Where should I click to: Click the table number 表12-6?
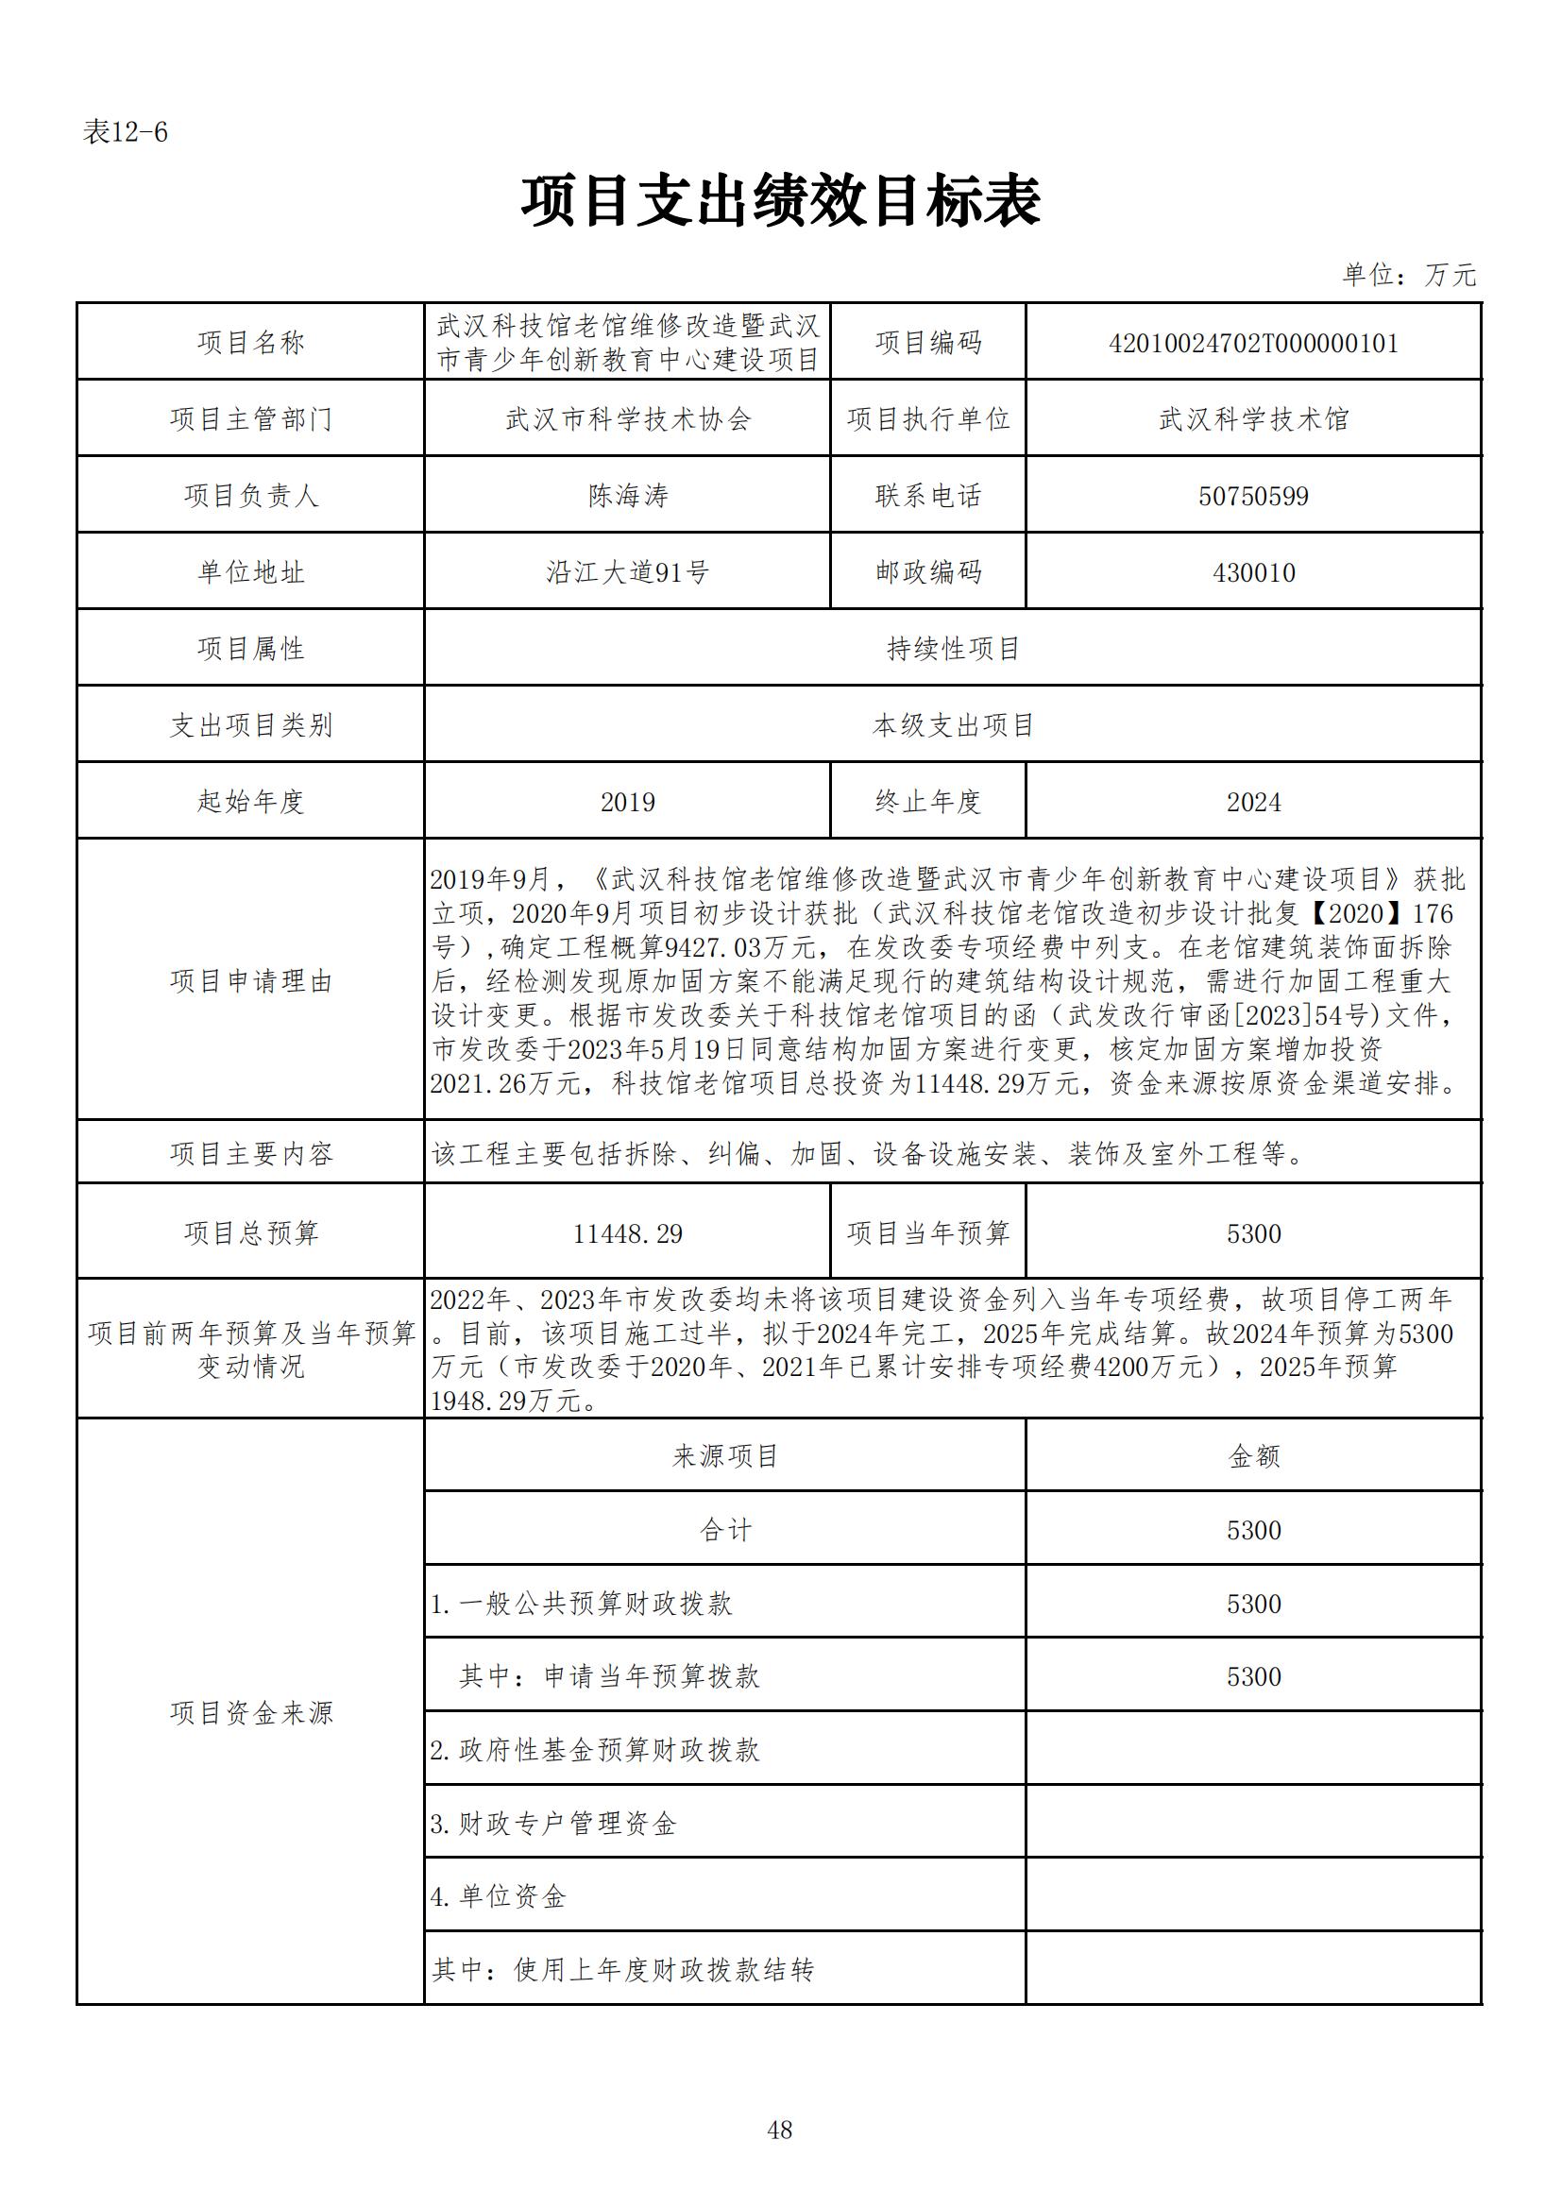[125, 132]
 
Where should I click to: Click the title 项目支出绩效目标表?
[780, 201]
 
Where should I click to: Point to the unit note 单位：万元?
[1408, 275]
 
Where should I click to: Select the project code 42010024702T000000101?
[1253, 344]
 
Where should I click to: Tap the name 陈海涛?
[627, 495]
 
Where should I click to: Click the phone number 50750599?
[1253, 496]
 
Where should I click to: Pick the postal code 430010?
[1253, 573]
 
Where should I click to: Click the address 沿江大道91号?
[627, 572]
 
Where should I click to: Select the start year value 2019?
[627, 802]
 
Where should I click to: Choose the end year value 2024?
[1253, 802]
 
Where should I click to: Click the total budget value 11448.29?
[627, 1233]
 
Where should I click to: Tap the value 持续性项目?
[952, 649]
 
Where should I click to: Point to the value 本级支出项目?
[952, 725]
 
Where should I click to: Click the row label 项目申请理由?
[251, 981]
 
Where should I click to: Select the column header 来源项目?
[725, 1456]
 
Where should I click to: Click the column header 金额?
[1253, 1456]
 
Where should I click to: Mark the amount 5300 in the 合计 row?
[1253, 1530]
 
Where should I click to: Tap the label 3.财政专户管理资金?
[554, 1824]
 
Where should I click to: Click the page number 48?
[780, 2131]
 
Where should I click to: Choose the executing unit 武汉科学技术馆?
[1253, 419]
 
